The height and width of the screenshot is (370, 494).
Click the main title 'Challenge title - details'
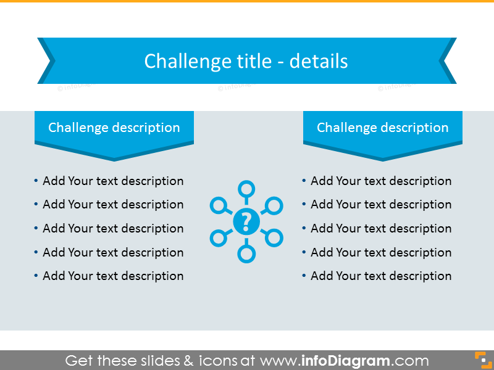click(x=246, y=61)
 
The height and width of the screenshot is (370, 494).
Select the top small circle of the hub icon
click(x=246, y=188)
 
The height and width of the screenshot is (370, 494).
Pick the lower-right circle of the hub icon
click(x=274, y=237)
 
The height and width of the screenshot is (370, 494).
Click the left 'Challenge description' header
click(x=114, y=128)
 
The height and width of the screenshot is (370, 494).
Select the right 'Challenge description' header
click(x=382, y=128)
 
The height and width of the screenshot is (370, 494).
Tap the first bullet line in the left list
click(x=113, y=181)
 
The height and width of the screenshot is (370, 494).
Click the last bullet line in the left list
click(x=113, y=276)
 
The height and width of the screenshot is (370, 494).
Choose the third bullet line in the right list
click(x=381, y=228)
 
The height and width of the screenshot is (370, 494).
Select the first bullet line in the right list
click(x=381, y=181)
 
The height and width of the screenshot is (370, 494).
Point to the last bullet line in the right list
click(x=381, y=276)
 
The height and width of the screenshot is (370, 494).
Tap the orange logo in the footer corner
click(x=481, y=360)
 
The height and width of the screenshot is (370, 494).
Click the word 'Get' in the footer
click(x=79, y=361)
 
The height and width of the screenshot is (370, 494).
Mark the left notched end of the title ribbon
click(x=47, y=61)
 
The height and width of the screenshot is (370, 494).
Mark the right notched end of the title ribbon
click(x=447, y=61)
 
